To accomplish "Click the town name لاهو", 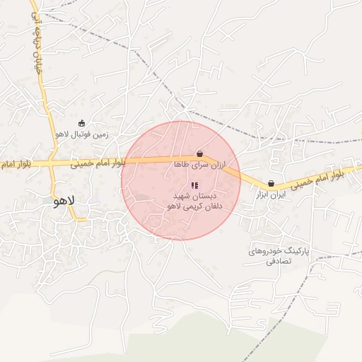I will (64, 200).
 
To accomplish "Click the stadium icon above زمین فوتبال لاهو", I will (81, 123).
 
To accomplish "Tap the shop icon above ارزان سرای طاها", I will (199, 153).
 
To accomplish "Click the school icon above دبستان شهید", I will (194, 185).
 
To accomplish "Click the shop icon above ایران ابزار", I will (271, 183).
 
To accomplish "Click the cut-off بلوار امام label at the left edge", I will (13, 164).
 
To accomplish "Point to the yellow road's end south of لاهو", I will (86, 220).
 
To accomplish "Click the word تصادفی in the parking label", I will (278, 262).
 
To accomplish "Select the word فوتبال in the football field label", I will (79, 134).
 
